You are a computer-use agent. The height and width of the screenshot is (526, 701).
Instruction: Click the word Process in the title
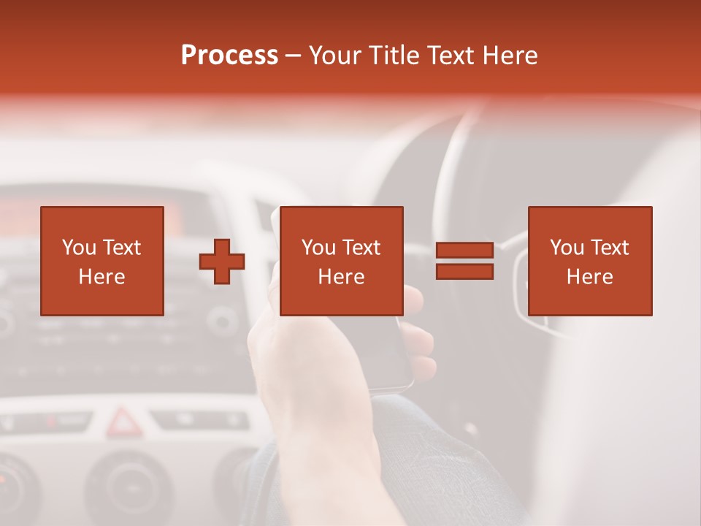click(229, 56)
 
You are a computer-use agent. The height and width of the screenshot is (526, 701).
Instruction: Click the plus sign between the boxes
click(222, 262)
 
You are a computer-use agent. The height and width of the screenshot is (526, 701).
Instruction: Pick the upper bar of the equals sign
click(464, 251)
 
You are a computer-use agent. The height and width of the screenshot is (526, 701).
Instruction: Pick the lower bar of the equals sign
click(464, 271)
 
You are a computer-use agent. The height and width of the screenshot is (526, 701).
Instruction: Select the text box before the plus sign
click(101, 261)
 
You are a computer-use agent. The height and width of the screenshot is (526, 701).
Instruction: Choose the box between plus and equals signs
click(341, 261)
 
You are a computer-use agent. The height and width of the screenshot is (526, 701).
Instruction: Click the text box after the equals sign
click(589, 261)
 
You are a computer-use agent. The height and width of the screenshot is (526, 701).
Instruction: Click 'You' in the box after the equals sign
click(567, 248)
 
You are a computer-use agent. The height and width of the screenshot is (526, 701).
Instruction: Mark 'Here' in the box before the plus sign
click(101, 276)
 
